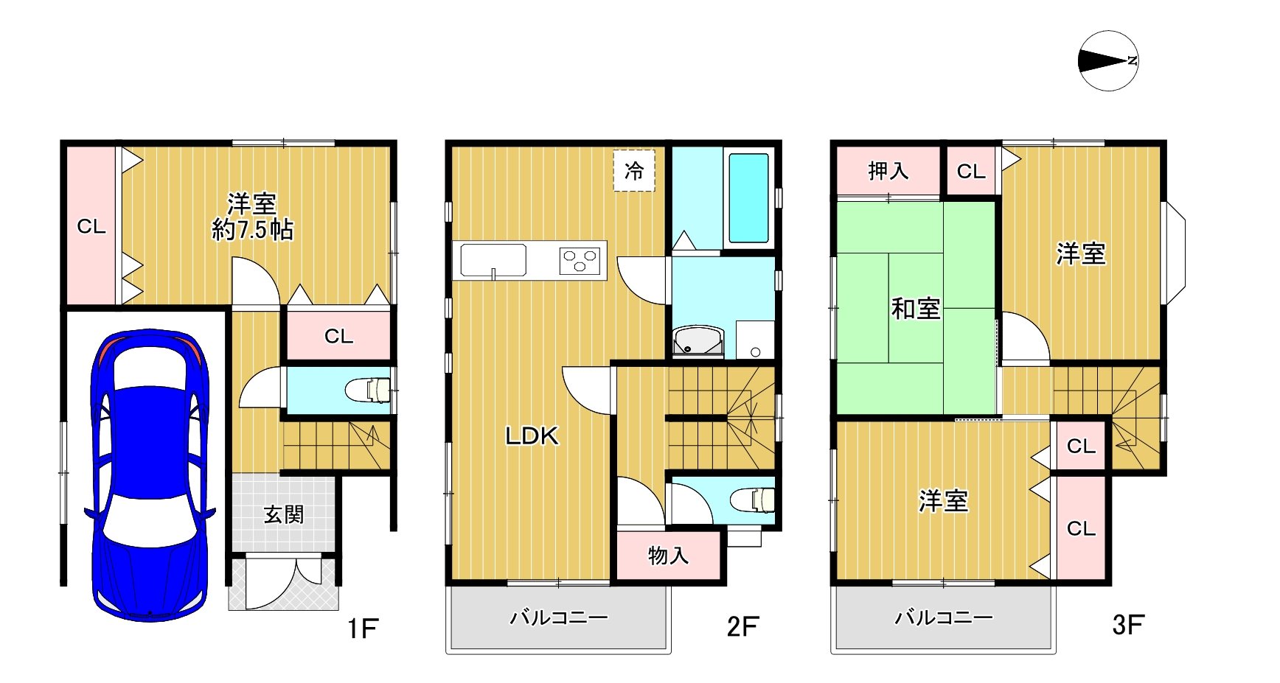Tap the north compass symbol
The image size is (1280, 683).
coord(1107,61)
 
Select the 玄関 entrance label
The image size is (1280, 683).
coord(284,514)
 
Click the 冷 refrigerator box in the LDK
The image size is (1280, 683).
coord(634,171)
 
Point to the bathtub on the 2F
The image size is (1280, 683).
coord(748,197)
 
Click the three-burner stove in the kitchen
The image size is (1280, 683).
coord(580,260)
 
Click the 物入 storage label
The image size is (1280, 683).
coord(668,555)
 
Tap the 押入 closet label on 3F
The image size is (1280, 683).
coord(888,171)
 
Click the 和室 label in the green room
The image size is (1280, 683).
coord(916,308)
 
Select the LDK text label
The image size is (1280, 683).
coord(532,436)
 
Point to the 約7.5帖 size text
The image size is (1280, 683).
coord(252,230)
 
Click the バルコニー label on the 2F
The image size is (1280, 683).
coord(559,617)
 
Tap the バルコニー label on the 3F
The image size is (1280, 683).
coord(944,617)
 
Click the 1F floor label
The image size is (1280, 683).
coord(363,628)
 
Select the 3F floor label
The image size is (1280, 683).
coord(1128,626)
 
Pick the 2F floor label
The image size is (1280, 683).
coord(742,626)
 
